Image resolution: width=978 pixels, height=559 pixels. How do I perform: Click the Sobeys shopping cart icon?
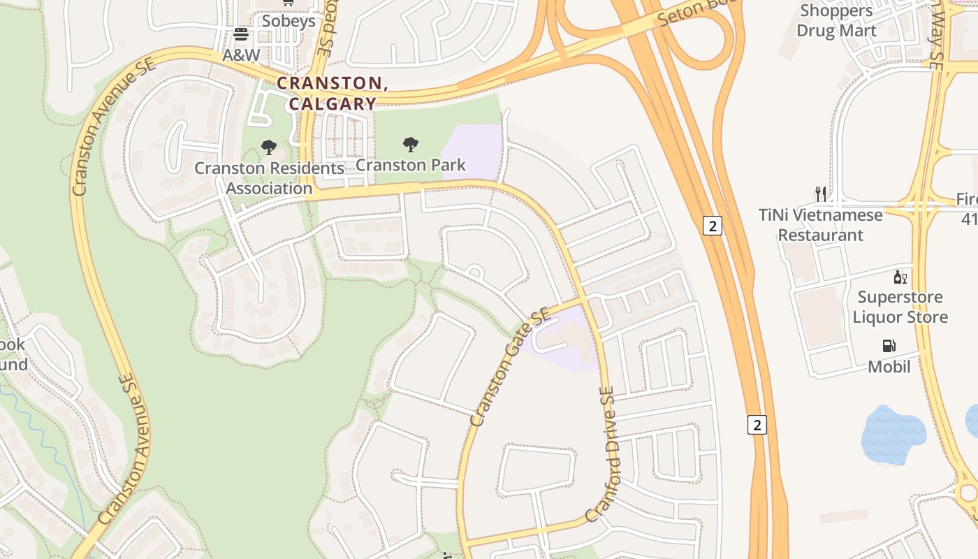[288, 3]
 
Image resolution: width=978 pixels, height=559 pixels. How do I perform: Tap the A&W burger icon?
[241, 34]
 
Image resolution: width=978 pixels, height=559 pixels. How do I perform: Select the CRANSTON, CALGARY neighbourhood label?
[332, 93]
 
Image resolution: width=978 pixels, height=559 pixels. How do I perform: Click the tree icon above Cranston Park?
[411, 145]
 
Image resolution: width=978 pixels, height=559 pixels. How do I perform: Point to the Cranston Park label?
[411, 166]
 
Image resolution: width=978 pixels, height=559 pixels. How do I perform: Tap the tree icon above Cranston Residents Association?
[269, 147]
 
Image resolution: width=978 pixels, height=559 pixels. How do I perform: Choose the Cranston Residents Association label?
[269, 178]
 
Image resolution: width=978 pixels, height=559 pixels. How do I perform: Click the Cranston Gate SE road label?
[511, 368]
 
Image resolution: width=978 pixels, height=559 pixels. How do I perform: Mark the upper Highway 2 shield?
[713, 226]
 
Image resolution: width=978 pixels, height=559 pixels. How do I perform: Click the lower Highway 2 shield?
[757, 424]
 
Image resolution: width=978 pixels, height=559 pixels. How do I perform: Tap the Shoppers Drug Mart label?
[836, 21]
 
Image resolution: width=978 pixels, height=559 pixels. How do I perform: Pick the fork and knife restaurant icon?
[821, 194]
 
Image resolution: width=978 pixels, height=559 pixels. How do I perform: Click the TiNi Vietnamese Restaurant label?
[821, 225]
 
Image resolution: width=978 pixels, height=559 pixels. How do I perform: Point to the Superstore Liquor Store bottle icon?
[900, 277]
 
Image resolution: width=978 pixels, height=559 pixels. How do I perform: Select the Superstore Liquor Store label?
[900, 307]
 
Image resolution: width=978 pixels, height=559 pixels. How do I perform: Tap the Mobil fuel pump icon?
[889, 346]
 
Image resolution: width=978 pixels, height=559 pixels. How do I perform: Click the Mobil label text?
[889, 366]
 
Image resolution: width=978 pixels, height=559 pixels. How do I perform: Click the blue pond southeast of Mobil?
[893, 435]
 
